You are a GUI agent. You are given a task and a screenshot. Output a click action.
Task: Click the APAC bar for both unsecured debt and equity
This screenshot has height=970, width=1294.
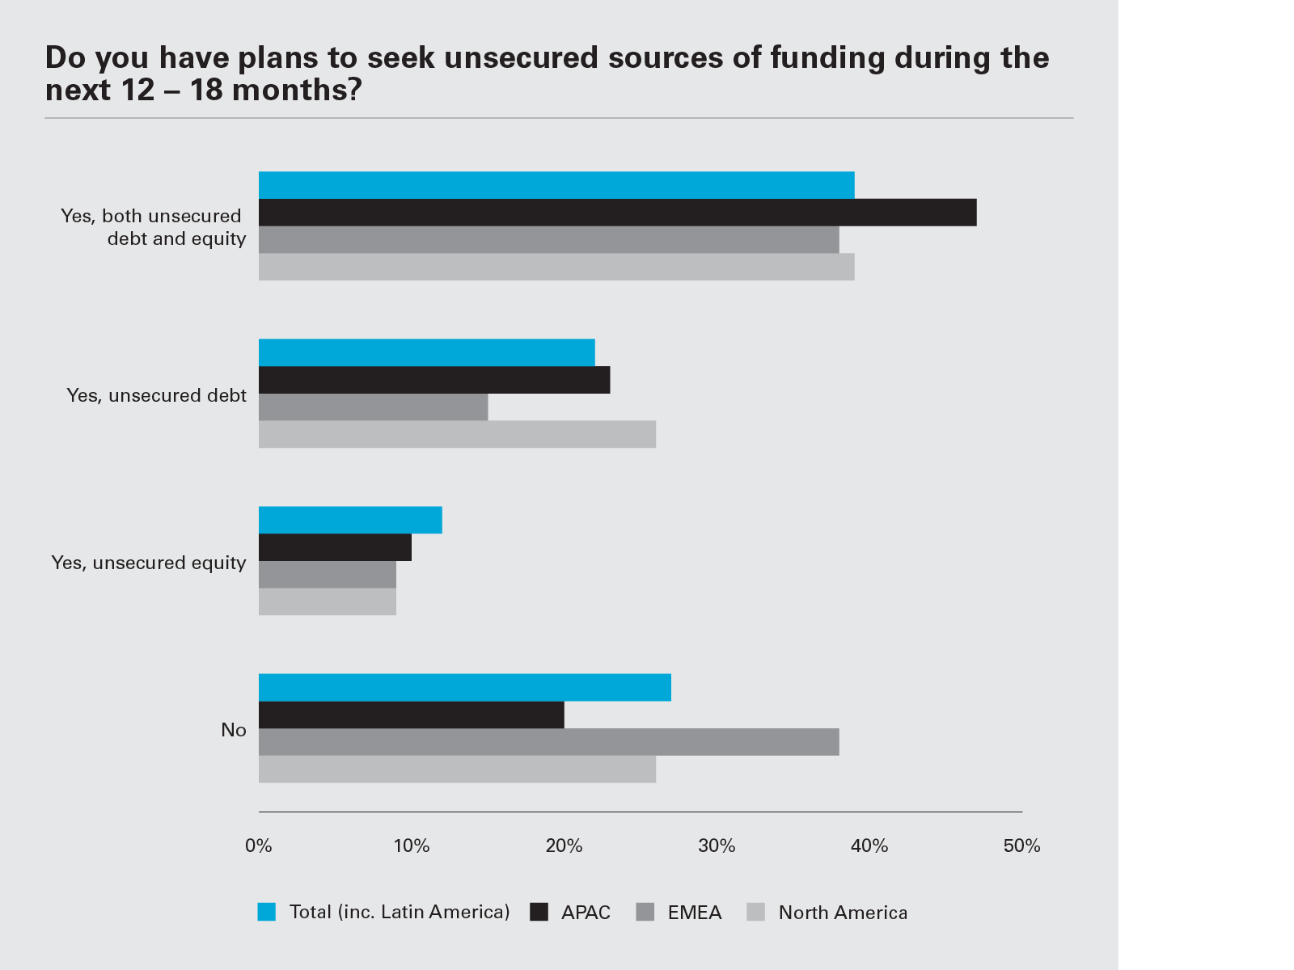coord(617,213)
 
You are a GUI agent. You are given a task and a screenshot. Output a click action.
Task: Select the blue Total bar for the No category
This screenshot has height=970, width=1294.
coord(464,687)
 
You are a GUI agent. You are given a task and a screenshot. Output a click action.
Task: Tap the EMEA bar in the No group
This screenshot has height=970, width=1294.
coord(548,742)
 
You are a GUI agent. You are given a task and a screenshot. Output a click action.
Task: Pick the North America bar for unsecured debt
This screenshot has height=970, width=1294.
coord(457,434)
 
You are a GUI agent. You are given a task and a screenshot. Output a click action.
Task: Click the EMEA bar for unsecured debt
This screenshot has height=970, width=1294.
coord(373,407)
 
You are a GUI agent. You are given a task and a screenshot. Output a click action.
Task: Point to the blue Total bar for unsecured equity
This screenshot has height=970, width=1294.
coord(350,520)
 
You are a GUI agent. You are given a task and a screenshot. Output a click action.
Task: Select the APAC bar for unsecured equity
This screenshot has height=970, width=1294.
coord(335,547)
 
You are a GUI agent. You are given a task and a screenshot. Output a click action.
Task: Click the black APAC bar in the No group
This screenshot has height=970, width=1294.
coord(411,715)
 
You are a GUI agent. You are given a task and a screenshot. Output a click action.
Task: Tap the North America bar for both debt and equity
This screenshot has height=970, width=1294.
coord(556,267)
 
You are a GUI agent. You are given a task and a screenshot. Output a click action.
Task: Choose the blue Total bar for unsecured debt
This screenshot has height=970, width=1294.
coord(426,352)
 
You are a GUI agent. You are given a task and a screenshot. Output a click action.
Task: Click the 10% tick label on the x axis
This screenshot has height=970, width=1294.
coord(411,846)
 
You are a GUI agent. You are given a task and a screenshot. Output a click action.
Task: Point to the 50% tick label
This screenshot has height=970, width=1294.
coord(1021,846)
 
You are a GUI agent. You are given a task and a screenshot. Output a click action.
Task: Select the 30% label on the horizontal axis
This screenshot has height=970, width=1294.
coord(717,846)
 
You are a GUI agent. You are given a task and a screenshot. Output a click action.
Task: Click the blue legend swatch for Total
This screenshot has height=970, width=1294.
coord(267,912)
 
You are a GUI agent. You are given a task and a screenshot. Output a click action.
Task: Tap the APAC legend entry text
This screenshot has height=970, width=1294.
coord(586,913)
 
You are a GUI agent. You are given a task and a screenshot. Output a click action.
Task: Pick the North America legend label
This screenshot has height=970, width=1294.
coord(843,913)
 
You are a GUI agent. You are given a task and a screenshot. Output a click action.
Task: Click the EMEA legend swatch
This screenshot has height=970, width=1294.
coord(645,912)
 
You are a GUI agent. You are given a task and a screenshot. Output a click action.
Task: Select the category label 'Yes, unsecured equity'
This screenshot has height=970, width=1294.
coord(149,563)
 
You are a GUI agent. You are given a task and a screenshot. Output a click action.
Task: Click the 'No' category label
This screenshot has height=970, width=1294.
coord(234,730)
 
